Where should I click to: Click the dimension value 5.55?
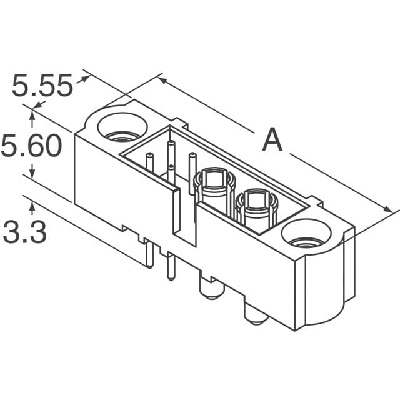[x=42, y=86]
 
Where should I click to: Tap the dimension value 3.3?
[x=25, y=232]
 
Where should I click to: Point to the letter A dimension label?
[x=272, y=140]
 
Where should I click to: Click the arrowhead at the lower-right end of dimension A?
[x=389, y=208]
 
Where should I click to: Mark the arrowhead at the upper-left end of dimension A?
[x=162, y=80]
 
